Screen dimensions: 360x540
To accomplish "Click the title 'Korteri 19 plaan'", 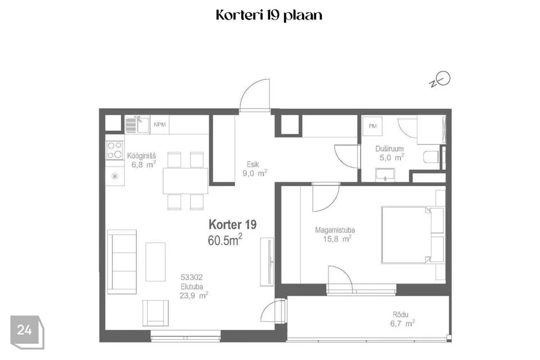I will pos(269,15).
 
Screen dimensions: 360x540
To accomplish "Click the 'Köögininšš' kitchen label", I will pos(141,155).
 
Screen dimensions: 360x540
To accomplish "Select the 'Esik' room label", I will pos(253,165).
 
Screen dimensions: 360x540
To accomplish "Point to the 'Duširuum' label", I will pos(390,149).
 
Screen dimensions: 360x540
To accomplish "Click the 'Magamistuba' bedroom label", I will pos(335,229).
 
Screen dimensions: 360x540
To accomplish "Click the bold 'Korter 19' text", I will pos(232,224).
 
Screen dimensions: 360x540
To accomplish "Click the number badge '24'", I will pos(24,330).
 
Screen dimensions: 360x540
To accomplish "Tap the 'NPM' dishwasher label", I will pos(160,125).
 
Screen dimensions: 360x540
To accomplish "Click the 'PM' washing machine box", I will pos(372,127).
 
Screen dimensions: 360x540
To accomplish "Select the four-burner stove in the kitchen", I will pos(115,150).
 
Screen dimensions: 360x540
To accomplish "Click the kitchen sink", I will pos(136,124).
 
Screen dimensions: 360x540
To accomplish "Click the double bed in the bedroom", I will pos(408,234).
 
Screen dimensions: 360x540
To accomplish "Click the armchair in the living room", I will pos(155,313).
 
